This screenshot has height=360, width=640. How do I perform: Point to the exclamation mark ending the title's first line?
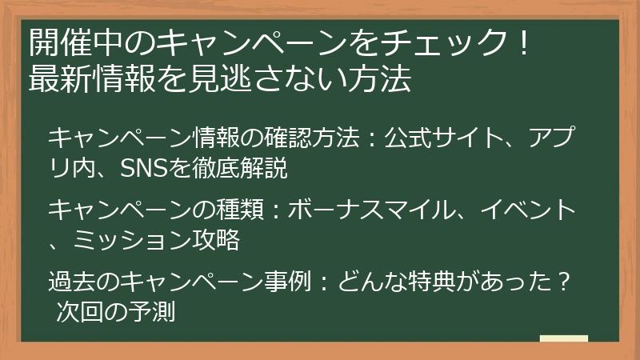point(523,41)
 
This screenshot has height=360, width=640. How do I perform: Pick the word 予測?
point(150,312)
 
